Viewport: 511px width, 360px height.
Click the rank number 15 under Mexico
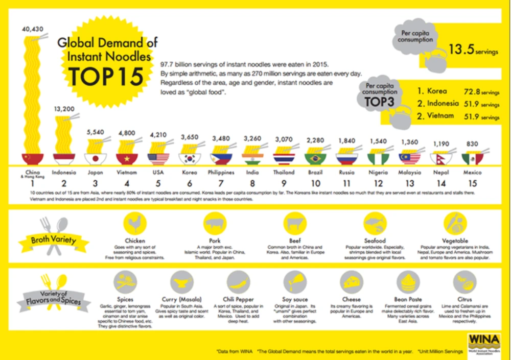pyautogui.click(x=472, y=183)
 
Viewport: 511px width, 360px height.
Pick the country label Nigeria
pyautogui.click(x=378, y=173)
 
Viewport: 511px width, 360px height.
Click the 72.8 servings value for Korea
pyautogui.click(x=473, y=91)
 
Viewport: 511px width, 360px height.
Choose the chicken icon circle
pyautogui.click(x=135, y=224)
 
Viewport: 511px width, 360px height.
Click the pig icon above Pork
pyautogui.click(x=215, y=224)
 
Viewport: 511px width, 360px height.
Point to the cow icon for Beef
pyautogui.click(x=295, y=224)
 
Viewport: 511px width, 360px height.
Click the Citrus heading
pyautogui.click(x=464, y=299)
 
